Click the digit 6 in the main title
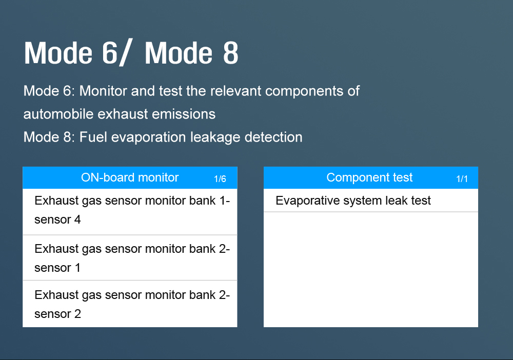tap(110, 53)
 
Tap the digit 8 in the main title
tap(231, 53)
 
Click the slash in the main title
tap(125, 54)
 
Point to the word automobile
tap(58, 114)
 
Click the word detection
tap(273, 137)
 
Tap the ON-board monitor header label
tap(130, 177)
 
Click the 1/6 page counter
tap(220, 179)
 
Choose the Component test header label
tap(369, 177)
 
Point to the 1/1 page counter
tap(462, 179)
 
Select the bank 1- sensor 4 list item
tap(130, 212)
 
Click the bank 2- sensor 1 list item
tap(130, 257)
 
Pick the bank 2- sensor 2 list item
tap(130, 304)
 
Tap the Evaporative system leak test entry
tap(371, 201)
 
